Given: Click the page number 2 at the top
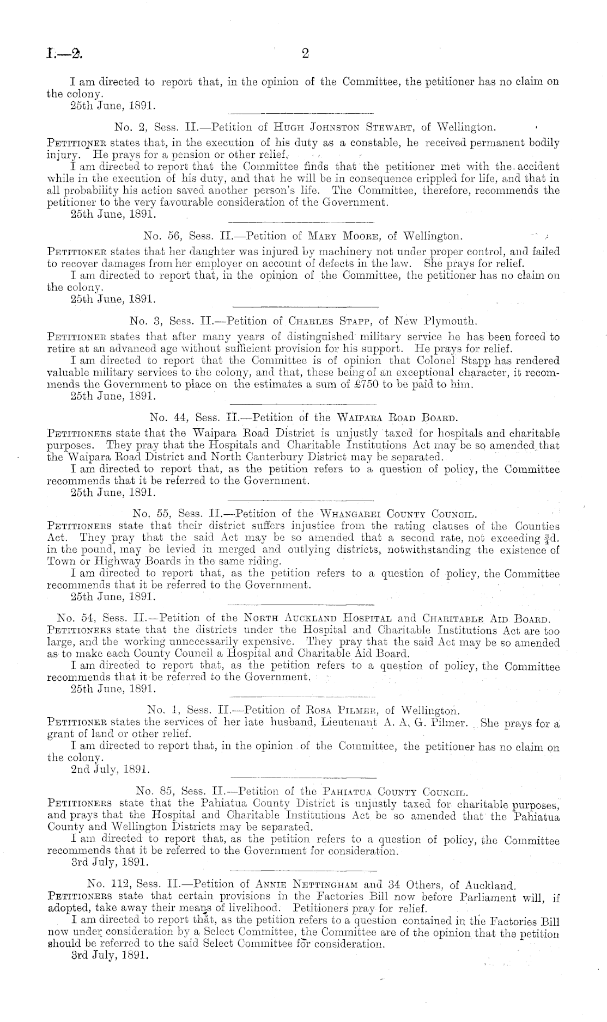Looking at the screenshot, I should tap(305, 53).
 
